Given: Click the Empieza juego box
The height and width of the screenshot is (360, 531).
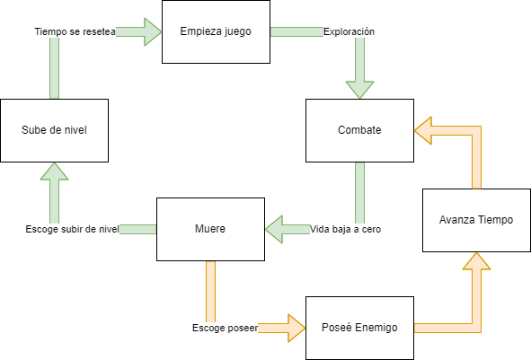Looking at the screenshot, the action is (x=216, y=31).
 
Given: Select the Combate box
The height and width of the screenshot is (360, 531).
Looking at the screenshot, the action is (x=359, y=130).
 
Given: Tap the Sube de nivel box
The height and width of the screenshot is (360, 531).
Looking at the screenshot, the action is (x=54, y=130).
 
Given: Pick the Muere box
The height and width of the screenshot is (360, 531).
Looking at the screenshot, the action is (x=210, y=230).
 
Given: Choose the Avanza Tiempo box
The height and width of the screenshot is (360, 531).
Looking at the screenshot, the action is (x=476, y=220).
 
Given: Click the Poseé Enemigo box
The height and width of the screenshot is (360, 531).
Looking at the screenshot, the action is (x=359, y=329).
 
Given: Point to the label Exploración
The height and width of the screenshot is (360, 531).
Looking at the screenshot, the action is (x=349, y=31).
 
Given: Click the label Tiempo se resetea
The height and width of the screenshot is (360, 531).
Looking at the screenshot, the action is (x=75, y=31).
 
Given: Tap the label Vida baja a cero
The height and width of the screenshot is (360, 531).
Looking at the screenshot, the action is (x=345, y=230).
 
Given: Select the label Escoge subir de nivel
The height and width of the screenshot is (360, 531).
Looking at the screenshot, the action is (x=72, y=230).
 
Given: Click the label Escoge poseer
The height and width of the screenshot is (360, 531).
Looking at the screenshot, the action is (x=226, y=329).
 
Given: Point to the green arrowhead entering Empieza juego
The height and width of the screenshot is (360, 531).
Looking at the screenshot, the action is (x=153, y=31).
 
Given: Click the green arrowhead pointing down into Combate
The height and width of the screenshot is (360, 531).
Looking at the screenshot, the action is (x=359, y=90).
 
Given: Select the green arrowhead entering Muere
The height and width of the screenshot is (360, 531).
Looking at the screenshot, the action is (x=274, y=230).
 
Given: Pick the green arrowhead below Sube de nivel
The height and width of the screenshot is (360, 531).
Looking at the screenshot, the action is (x=54, y=171).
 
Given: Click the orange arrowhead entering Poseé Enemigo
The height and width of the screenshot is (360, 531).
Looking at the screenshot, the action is (x=296, y=329).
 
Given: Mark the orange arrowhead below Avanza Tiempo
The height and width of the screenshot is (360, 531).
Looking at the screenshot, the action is (x=476, y=261).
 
